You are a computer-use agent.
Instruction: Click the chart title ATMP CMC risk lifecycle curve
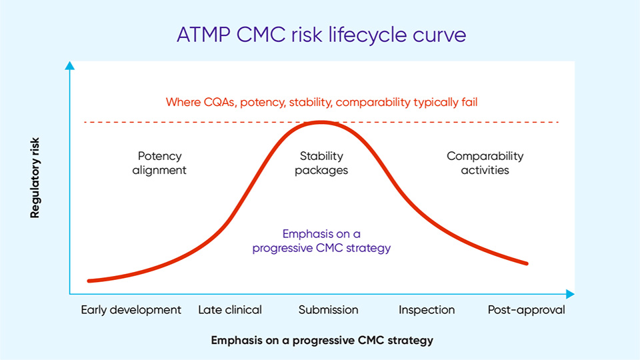click(x=321, y=35)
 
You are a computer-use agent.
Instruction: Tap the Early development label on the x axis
click(x=131, y=309)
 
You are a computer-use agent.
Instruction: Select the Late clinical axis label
click(x=230, y=309)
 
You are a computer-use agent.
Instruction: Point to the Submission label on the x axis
click(x=328, y=309)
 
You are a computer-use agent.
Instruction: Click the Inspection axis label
click(x=427, y=309)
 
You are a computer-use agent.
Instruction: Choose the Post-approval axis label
click(x=526, y=309)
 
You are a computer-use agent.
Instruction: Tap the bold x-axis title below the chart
click(x=322, y=340)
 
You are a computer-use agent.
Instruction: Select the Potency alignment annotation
click(x=159, y=163)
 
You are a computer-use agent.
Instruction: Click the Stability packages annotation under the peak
click(x=321, y=163)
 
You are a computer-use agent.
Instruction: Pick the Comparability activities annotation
click(x=485, y=163)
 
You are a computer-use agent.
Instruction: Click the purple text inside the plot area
click(x=321, y=241)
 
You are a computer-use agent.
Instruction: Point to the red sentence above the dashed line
click(x=321, y=102)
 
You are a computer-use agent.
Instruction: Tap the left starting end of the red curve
click(x=89, y=281)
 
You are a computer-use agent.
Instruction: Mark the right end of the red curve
click(x=526, y=263)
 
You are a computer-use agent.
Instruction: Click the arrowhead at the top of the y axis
click(x=69, y=65)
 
